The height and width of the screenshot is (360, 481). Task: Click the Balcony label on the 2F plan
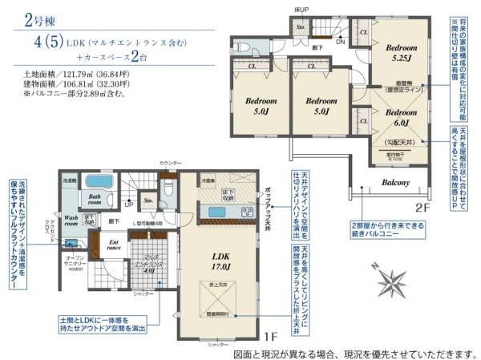pos(395,183)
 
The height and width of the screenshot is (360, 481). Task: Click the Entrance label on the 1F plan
pos(113,245)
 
